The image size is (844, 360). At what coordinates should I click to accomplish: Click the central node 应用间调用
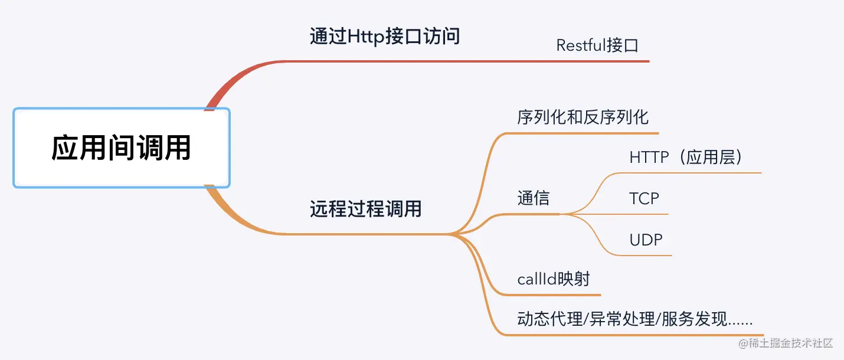(122, 148)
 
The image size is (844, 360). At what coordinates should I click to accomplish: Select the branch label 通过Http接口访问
(385, 37)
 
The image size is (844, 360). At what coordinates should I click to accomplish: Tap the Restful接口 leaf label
(597, 45)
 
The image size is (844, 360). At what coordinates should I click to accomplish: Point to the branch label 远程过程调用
(365, 208)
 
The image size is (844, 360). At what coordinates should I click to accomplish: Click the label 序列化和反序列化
(583, 117)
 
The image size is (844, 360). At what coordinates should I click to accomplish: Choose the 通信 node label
(534, 198)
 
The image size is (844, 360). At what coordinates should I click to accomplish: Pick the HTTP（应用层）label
(686, 157)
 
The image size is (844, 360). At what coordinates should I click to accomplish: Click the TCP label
(644, 198)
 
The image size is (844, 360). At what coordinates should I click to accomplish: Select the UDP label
(646, 240)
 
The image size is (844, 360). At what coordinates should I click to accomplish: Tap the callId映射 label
(554, 279)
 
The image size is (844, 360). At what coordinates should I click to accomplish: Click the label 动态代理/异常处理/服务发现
(621, 319)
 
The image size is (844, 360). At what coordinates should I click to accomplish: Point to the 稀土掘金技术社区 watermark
(785, 343)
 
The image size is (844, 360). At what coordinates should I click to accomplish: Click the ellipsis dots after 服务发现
(740, 324)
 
